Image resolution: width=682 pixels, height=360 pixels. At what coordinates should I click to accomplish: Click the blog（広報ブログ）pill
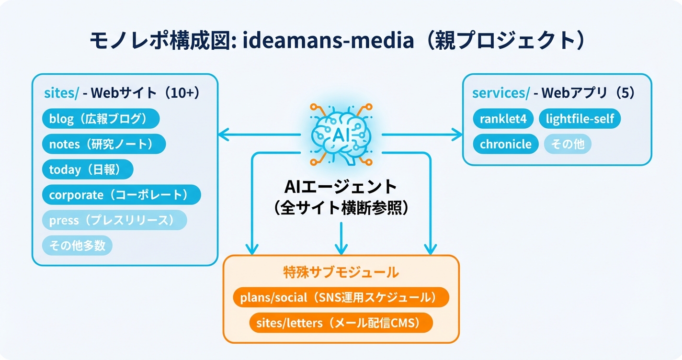tap(101, 119)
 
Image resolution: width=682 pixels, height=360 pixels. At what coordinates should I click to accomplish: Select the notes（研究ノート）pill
tap(104, 144)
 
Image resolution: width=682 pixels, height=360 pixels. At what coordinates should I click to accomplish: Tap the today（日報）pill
tap(88, 169)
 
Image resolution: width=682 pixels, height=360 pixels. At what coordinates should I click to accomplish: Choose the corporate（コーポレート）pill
tap(121, 195)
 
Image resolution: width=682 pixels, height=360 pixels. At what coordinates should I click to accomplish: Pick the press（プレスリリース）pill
tap(114, 220)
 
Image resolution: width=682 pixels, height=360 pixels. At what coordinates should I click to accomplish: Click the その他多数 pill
tap(77, 246)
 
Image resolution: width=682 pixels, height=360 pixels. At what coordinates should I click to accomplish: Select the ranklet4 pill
tap(503, 119)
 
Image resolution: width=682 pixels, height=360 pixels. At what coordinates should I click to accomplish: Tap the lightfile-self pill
tap(580, 119)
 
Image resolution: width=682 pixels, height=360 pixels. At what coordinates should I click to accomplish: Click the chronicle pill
tap(505, 144)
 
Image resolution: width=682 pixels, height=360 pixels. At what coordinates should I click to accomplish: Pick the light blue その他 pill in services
tap(568, 144)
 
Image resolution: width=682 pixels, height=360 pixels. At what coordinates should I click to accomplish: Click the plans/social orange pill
tap(341, 297)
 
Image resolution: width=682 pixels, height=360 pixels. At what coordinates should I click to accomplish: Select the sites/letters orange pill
tap(341, 323)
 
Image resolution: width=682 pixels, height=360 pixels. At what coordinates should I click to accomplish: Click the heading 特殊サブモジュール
tap(341, 272)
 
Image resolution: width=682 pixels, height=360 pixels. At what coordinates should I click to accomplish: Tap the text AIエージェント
tap(341, 186)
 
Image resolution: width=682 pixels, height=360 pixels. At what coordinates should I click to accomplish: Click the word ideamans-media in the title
tap(329, 41)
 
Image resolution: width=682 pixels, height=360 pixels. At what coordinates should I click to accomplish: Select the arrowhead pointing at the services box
tap(457, 135)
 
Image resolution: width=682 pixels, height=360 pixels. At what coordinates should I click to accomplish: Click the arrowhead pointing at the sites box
tap(224, 135)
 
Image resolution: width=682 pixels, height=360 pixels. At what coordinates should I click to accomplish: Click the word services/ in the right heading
tap(501, 93)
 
